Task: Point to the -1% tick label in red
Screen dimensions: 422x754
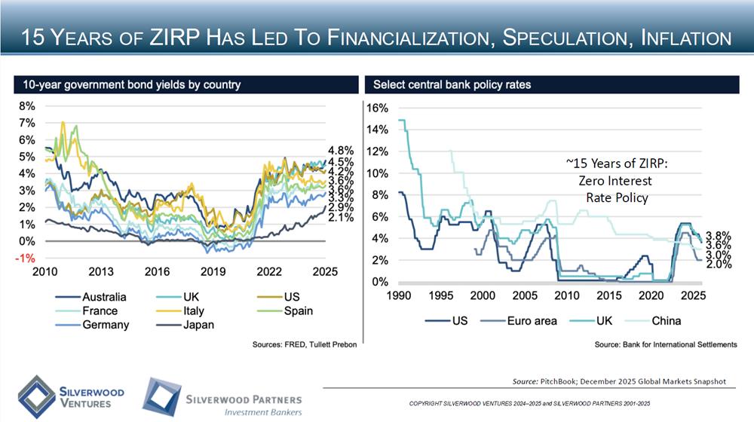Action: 26,258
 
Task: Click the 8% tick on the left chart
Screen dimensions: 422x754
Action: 26,105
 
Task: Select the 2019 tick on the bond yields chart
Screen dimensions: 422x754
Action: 213,271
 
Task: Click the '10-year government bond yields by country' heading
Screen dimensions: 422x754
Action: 131,84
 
